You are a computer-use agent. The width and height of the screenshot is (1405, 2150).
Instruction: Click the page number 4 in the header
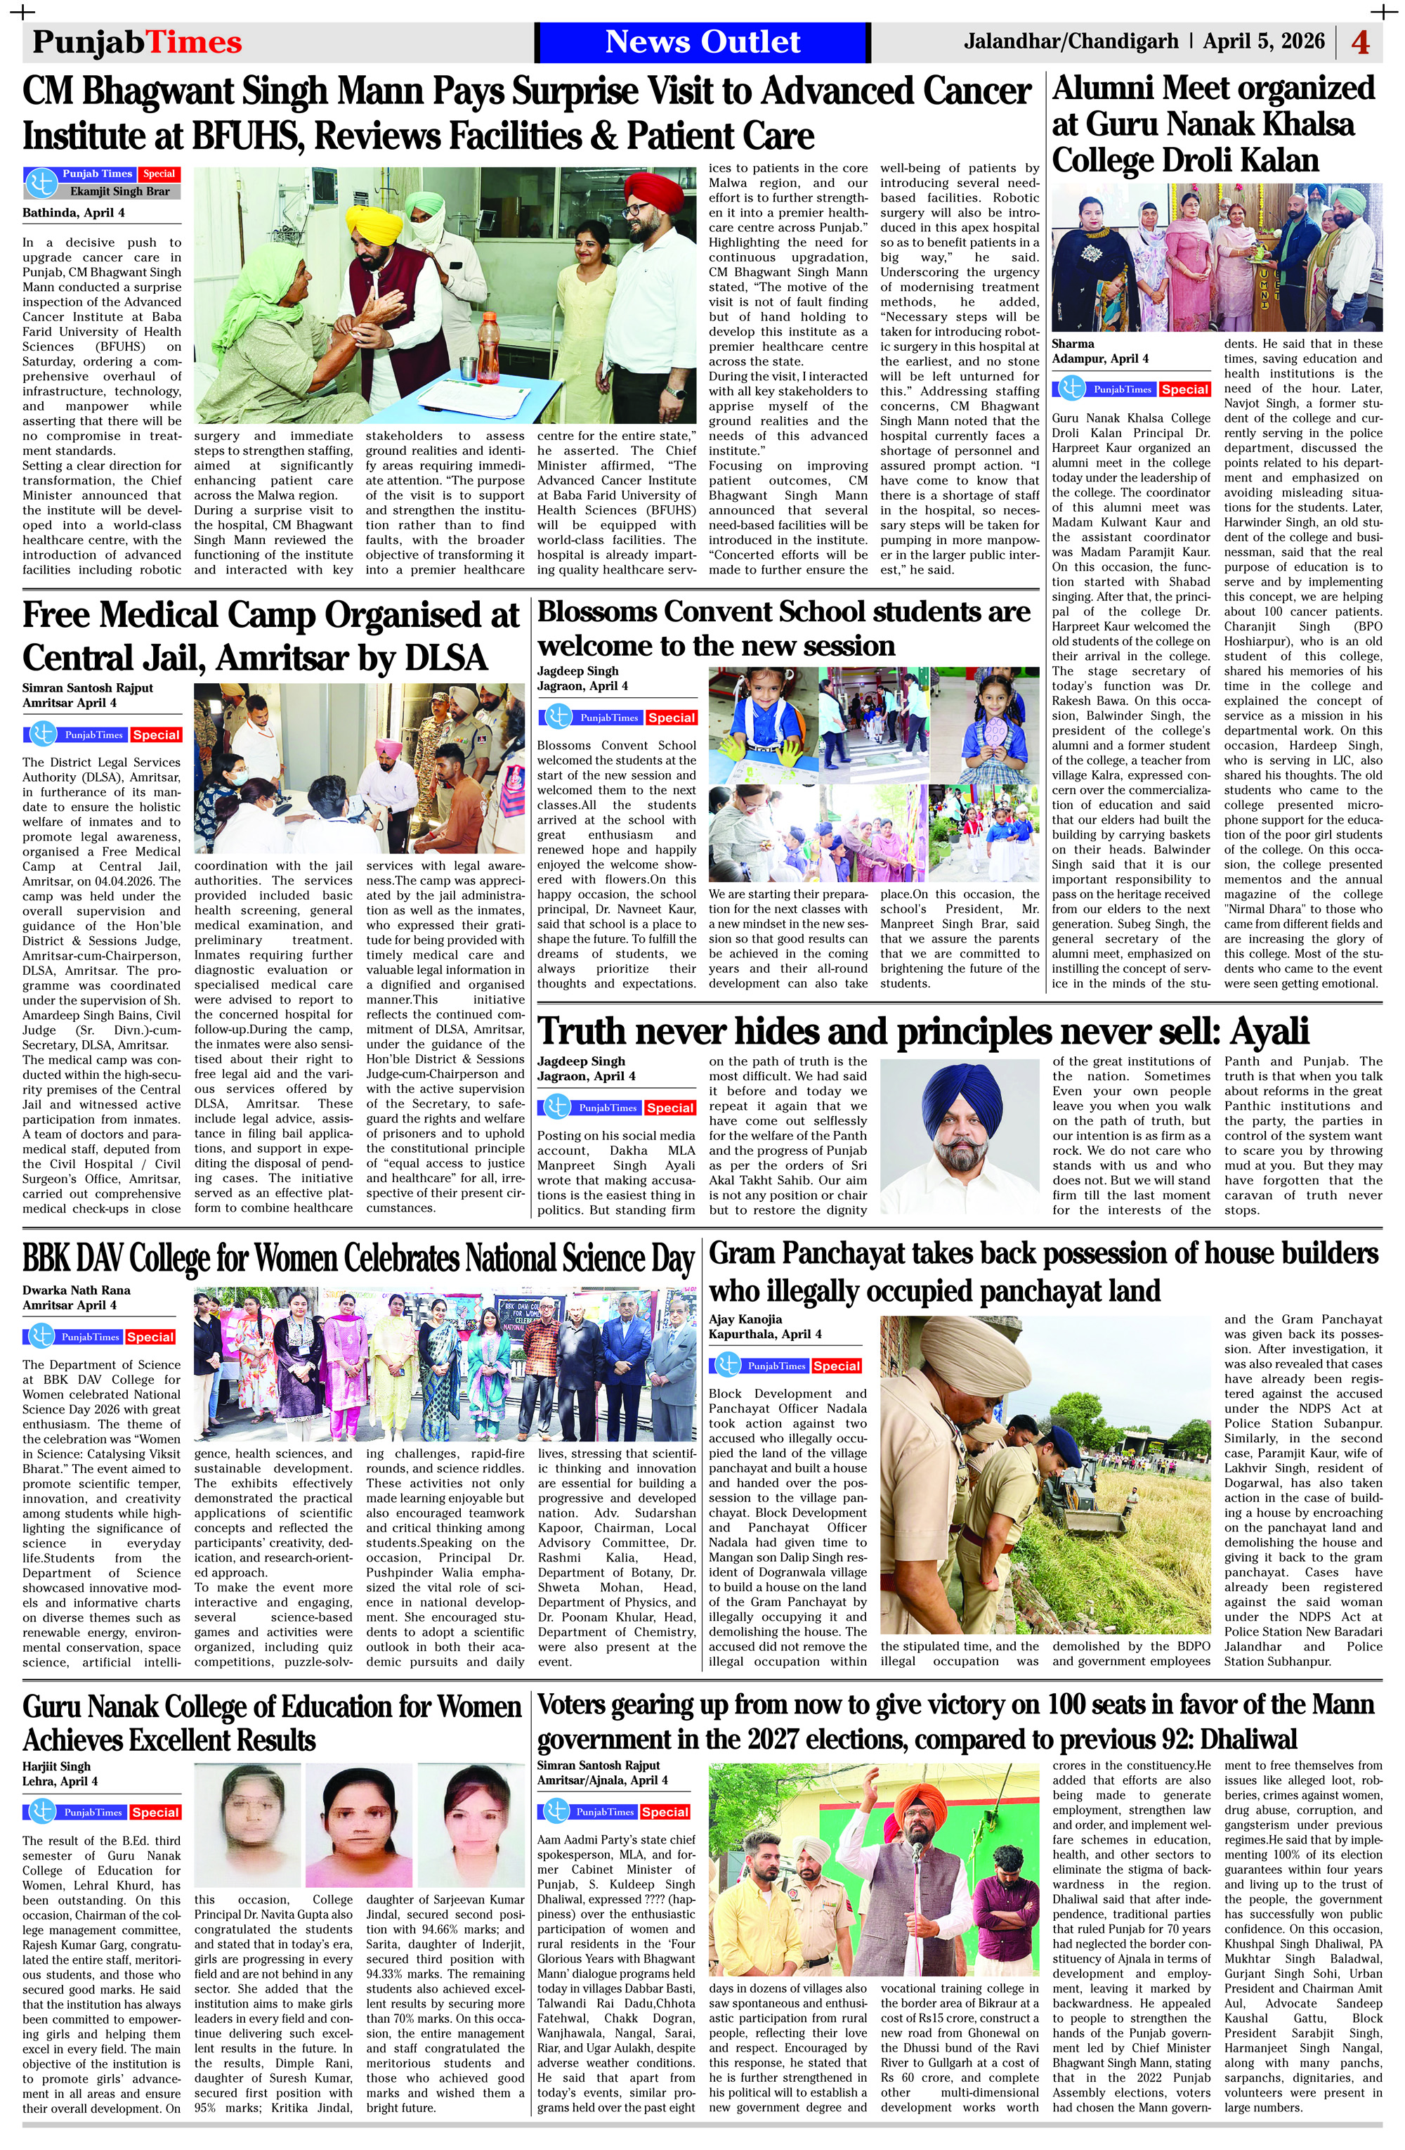pyautogui.click(x=1360, y=42)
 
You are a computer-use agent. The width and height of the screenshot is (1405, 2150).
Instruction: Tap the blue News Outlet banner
pyautogui.click(x=702, y=41)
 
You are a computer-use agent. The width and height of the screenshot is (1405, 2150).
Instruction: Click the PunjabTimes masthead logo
pyautogui.click(x=137, y=42)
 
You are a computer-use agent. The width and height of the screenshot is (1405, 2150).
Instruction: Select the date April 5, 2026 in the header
pyautogui.click(x=1263, y=41)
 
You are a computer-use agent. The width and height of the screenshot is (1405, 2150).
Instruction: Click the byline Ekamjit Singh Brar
pyautogui.click(x=119, y=191)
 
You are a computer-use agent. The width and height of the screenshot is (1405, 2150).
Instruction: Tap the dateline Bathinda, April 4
pyautogui.click(x=74, y=213)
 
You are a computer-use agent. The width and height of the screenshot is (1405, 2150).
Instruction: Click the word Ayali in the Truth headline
pyautogui.click(x=1257, y=1032)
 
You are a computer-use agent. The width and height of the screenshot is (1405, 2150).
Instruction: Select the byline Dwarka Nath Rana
pyautogui.click(x=76, y=1290)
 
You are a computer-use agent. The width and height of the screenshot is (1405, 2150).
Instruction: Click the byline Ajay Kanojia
pyautogui.click(x=745, y=1319)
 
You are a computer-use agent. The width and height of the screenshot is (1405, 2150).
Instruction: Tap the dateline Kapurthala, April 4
pyautogui.click(x=765, y=1334)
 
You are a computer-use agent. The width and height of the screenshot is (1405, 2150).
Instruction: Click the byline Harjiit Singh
pyautogui.click(x=56, y=1766)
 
